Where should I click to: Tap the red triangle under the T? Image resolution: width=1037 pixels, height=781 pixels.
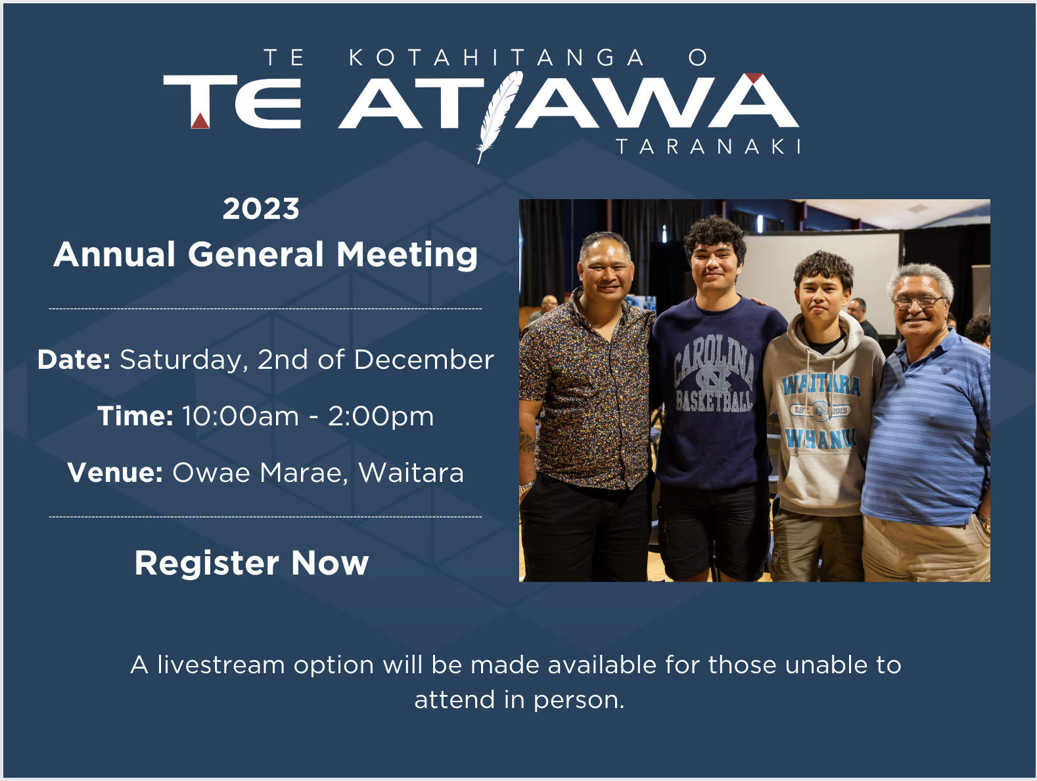200,121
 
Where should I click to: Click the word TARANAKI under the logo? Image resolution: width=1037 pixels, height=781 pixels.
708,146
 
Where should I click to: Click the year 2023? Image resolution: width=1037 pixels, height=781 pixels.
261,209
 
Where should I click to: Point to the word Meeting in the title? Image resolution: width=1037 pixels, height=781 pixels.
407,255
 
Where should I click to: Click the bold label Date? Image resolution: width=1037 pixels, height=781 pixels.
74,360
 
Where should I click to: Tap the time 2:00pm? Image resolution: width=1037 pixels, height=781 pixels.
380,416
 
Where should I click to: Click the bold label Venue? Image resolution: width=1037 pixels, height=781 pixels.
115,473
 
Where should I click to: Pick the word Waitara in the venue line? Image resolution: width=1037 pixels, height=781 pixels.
411,473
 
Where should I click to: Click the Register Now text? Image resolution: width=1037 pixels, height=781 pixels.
252,563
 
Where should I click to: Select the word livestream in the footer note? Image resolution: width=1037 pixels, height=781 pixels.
221,665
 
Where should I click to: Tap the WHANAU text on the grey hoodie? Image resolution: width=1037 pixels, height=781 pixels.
821,437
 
